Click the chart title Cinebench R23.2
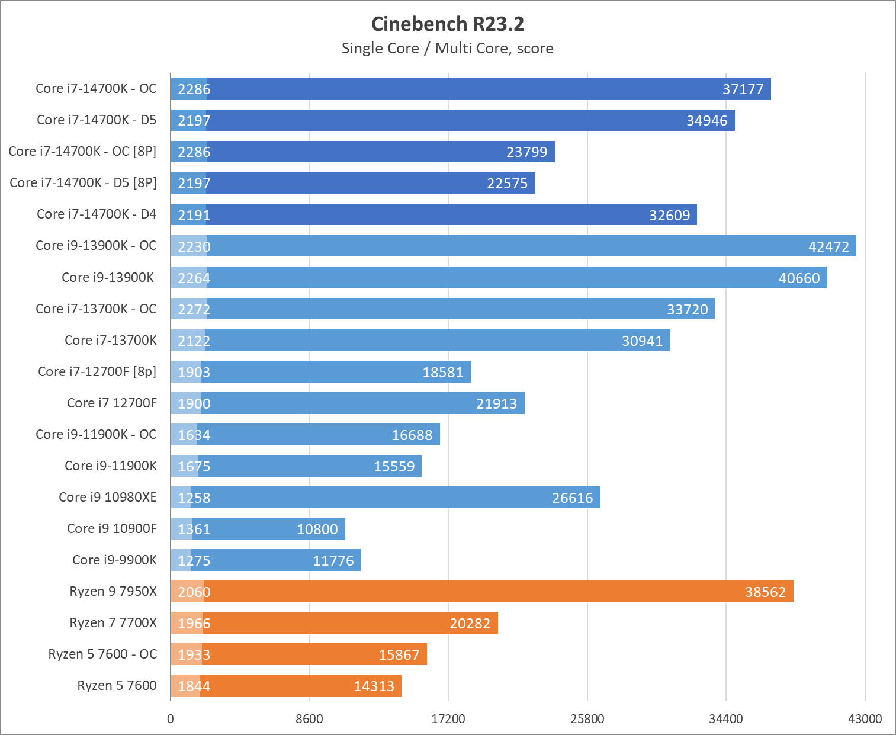(x=448, y=24)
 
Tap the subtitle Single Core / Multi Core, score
(x=448, y=49)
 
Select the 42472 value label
(x=828, y=247)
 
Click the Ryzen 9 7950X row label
(x=113, y=591)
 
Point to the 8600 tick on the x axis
(x=309, y=719)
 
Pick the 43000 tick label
(x=865, y=719)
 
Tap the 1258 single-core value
(x=194, y=498)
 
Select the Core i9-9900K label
(x=114, y=560)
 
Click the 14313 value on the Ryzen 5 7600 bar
(x=374, y=686)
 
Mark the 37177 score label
(x=743, y=89)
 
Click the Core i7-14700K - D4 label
(x=97, y=214)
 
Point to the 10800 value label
(x=317, y=529)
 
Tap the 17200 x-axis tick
(x=448, y=719)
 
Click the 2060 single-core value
(x=194, y=592)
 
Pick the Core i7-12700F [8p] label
(x=97, y=371)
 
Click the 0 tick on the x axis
(x=171, y=719)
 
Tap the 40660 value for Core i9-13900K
(x=799, y=278)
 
